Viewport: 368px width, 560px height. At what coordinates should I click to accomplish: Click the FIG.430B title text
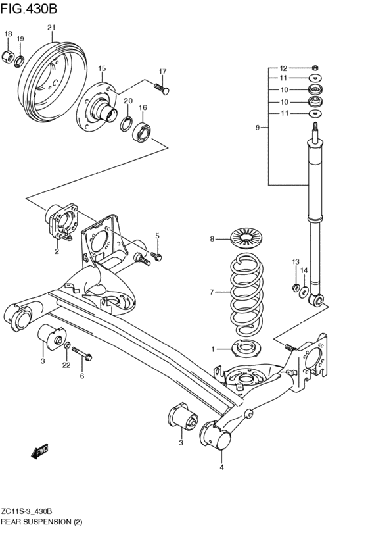28,9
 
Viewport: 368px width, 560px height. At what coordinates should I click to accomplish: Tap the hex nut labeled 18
8,57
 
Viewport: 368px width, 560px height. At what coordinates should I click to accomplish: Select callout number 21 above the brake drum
52,28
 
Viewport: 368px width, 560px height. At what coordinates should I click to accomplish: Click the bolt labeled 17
162,89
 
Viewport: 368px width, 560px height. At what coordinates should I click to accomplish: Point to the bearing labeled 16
143,132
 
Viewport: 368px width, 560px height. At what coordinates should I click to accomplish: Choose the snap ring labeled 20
127,124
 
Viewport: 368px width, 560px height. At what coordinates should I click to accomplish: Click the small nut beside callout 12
315,68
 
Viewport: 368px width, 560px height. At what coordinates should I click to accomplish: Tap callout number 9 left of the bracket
258,128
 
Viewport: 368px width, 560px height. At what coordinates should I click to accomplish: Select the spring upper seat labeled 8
246,238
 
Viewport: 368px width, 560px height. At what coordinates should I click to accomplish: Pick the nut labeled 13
296,287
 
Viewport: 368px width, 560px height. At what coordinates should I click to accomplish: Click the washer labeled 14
304,292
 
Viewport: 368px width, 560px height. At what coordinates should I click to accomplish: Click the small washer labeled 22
67,345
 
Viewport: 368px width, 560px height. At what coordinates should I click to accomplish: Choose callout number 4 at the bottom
221,467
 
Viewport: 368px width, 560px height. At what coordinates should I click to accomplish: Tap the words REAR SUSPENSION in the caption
36,522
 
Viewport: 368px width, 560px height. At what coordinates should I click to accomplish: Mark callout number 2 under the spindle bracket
57,251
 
